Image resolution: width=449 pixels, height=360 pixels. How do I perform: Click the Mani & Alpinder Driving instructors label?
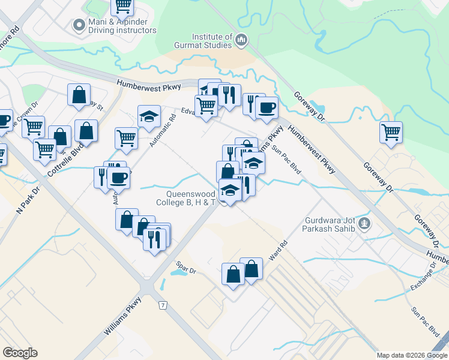click(x=122, y=25)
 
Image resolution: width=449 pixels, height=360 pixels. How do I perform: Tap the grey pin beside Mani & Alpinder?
click(x=77, y=25)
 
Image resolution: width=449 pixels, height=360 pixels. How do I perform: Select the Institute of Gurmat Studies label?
click(x=211, y=41)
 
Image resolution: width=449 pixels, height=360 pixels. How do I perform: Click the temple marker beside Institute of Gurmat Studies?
click(x=241, y=40)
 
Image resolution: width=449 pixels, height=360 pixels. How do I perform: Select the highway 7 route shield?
click(x=163, y=305)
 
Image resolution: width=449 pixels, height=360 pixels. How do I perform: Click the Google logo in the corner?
click(x=20, y=353)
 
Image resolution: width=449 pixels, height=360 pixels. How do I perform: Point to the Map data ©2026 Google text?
click(x=411, y=355)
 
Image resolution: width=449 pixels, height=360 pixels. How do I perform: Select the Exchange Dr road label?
click(x=424, y=278)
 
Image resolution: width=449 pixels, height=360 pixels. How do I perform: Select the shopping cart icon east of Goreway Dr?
click(x=391, y=131)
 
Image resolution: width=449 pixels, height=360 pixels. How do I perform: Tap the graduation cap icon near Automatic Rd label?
click(x=149, y=116)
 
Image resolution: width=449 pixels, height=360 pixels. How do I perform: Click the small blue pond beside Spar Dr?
click(x=178, y=272)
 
